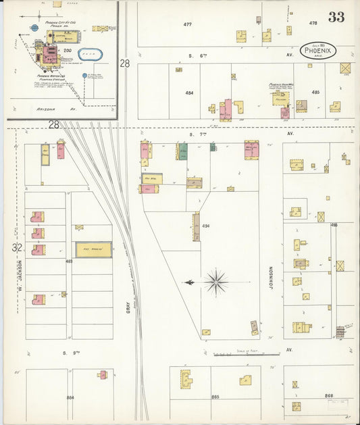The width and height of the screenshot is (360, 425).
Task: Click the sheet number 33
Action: [x=336, y=17]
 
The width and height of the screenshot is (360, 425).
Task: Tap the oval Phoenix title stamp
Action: [x=317, y=51]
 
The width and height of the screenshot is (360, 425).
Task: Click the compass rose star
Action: [x=216, y=282]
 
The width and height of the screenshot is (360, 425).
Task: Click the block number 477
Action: [x=188, y=24]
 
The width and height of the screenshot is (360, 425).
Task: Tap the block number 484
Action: [x=190, y=92]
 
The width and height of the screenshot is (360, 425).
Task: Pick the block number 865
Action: [x=215, y=397]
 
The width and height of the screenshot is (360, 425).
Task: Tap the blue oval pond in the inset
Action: [x=89, y=54]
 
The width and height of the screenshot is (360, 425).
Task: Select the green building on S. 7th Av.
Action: [x=182, y=151]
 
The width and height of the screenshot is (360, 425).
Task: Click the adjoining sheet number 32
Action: [x=17, y=248]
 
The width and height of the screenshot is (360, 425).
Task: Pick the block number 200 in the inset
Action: [x=68, y=51]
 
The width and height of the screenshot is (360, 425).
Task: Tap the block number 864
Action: [x=70, y=397]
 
